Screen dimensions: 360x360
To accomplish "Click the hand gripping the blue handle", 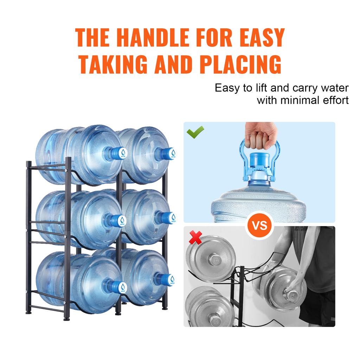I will (260, 135).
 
